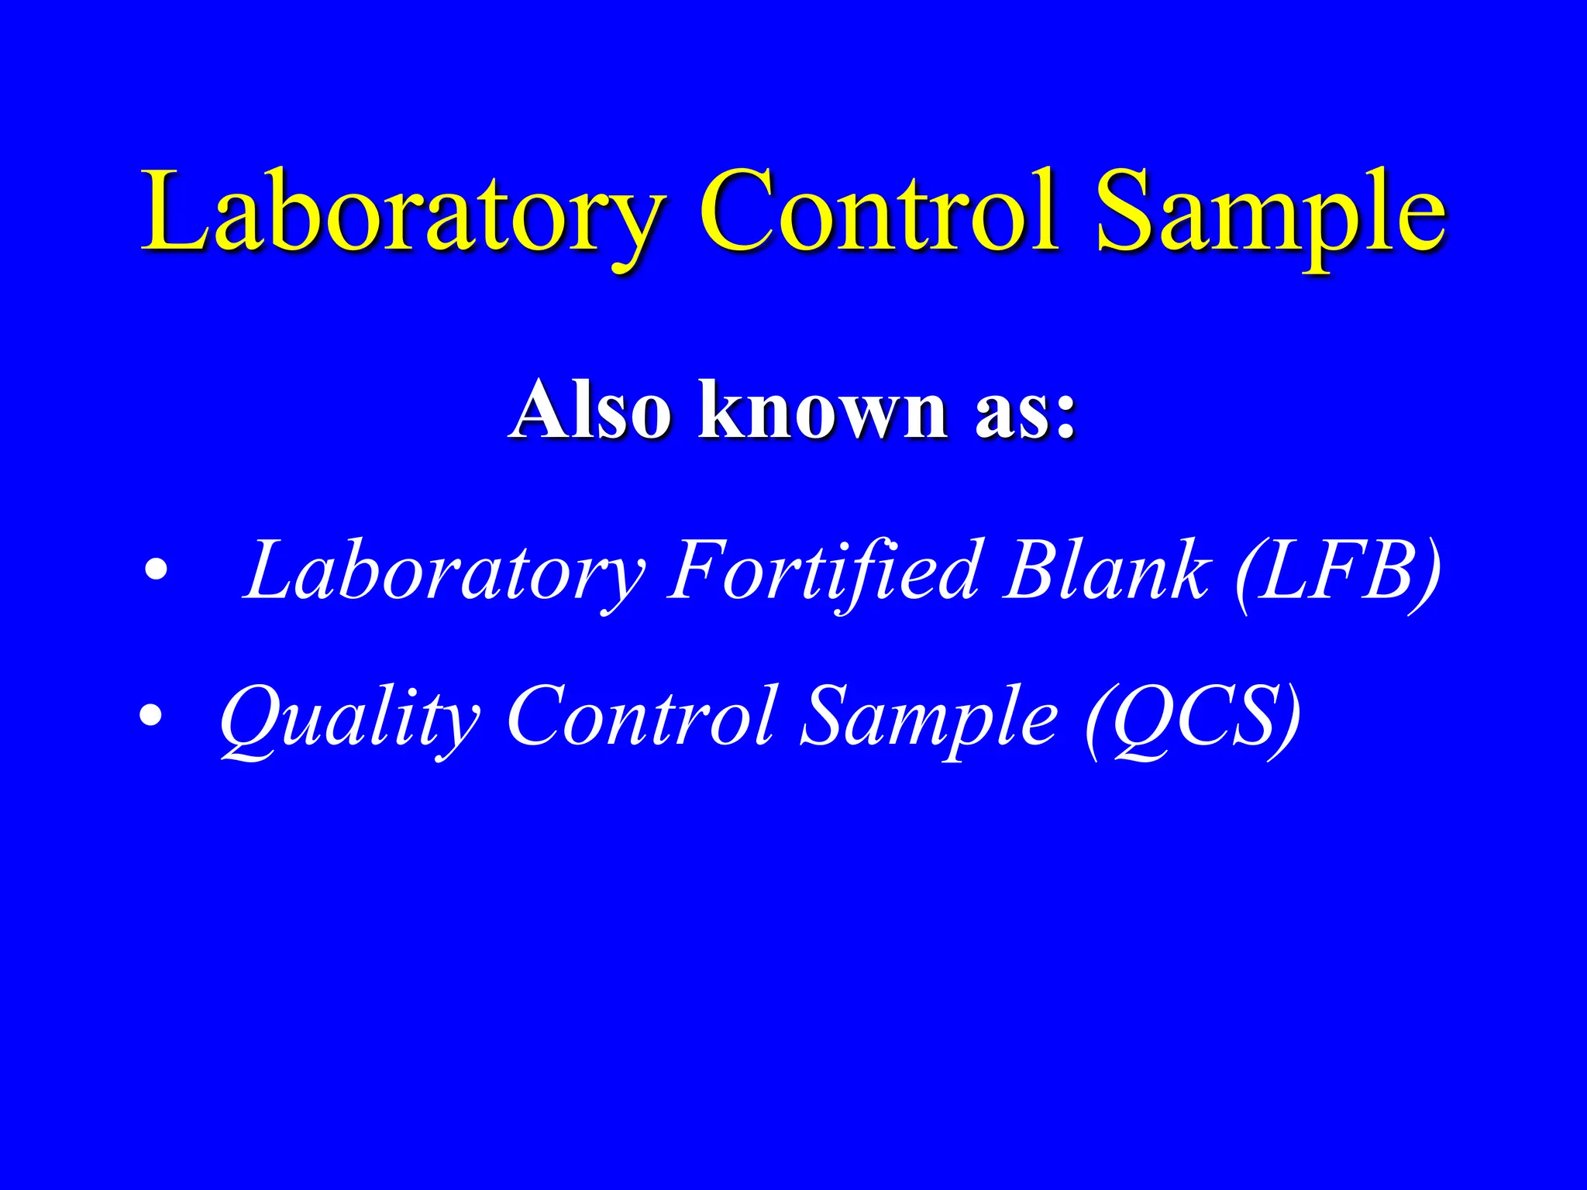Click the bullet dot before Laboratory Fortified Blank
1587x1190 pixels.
[x=157, y=571]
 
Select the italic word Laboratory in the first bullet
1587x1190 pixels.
[x=442, y=572]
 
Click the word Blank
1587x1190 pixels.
[x=1105, y=572]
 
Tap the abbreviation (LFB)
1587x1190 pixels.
[x=1336, y=572]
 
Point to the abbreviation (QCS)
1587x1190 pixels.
[x=1193, y=717]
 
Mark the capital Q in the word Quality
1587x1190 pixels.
[x=250, y=717]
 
